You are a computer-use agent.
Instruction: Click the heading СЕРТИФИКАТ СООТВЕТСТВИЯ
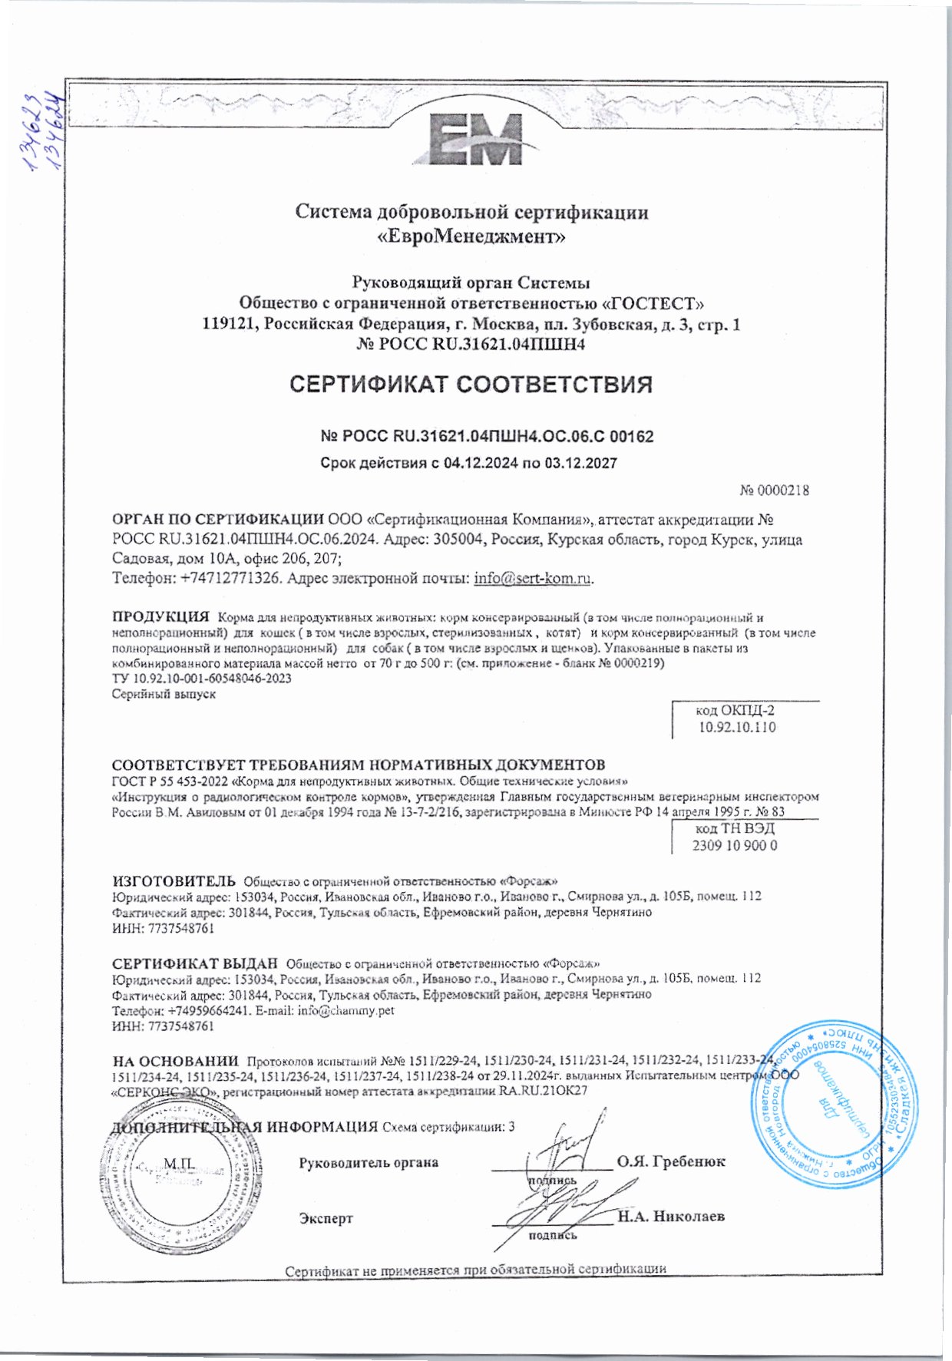pyautogui.click(x=471, y=384)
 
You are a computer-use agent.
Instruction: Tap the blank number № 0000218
pyautogui.click(x=774, y=491)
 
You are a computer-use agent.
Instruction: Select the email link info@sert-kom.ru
pyautogui.click(x=533, y=579)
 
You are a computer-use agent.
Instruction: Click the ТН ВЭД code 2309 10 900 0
pyautogui.click(x=735, y=845)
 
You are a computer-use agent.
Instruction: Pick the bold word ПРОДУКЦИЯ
pyautogui.click(x=160, y=616)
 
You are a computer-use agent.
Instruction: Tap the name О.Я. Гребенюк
pyautogui.click(x=671, y=1161)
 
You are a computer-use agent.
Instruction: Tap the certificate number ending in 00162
pyautogui.click(x=487, y=437)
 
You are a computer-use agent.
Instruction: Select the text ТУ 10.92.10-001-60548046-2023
pyautogui.click(x=201, y=679)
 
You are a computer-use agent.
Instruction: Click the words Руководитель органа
pyautogui.click(x=369, y=1162)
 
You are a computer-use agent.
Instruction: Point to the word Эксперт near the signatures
pyautogui.click(x=326, y=1218)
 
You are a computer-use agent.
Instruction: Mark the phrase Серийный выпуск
pyautogui.click(x=164, y=694)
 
